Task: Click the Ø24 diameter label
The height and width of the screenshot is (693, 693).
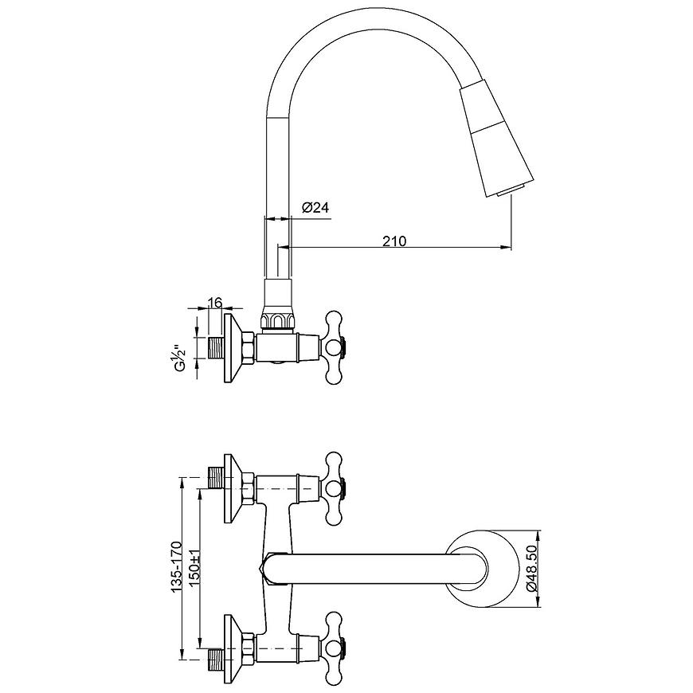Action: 315,208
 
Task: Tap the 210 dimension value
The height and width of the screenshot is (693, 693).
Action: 394,241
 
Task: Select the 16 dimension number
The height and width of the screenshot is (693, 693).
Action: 214,303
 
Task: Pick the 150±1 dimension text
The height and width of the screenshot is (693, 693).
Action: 195,570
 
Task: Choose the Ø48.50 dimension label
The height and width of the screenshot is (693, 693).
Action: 532,570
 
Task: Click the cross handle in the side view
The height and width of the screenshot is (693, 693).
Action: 335,347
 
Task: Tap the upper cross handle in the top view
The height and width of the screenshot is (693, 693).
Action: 335,489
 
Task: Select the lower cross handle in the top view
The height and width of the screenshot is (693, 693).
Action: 335,649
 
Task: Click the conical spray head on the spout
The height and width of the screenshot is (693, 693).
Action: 496,137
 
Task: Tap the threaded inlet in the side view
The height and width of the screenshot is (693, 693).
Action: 215,347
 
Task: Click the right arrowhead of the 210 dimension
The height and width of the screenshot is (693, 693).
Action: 505,248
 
